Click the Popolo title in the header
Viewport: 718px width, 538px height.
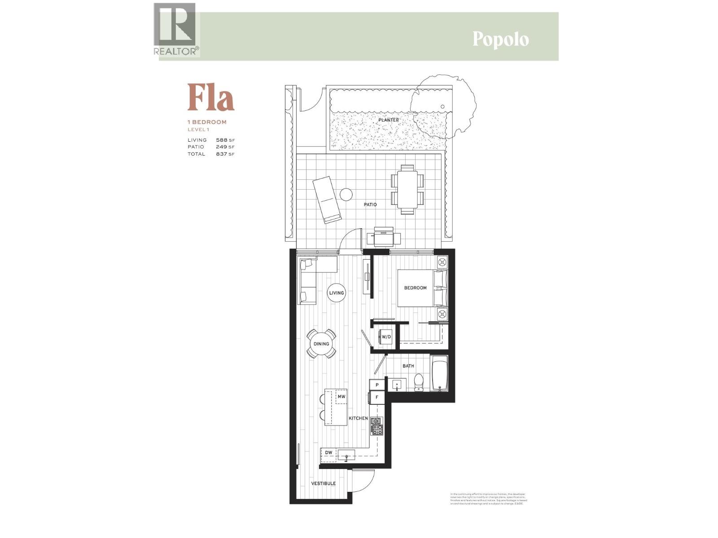tap(500, 39)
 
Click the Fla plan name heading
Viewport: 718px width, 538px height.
tap(211, 97)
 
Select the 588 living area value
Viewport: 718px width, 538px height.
tap(222, 140)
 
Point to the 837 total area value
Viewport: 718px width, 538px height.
tap(222, 154)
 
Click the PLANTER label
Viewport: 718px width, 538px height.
tap(388, 120)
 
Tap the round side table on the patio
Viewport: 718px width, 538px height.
tap(346, 195)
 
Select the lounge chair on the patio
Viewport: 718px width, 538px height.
tap(326, 200)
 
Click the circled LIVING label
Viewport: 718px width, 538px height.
tap(337, 293)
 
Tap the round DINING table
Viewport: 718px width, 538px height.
tap(321, 344)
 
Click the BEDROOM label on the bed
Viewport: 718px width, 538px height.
tap(415, 288)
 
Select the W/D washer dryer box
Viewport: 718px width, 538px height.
tap(386, 337)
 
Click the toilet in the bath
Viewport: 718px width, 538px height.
tap(418, 382)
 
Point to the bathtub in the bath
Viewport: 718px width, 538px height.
tap(439, 373)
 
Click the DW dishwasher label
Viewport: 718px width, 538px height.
tap(329, 453)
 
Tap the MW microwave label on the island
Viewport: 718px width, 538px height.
tap(341, 397)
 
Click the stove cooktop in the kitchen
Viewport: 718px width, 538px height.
tap(376, 426)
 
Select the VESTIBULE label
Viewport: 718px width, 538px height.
tap(324, 483)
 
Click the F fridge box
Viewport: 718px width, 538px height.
tap(377, 397)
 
